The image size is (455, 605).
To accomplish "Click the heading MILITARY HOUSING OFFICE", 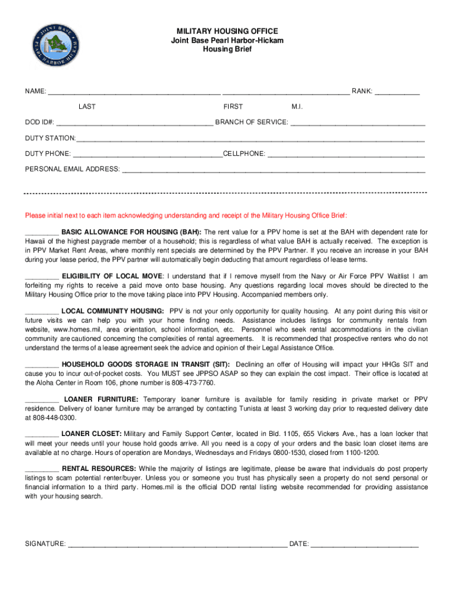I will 227,31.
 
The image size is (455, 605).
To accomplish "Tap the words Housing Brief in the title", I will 227,49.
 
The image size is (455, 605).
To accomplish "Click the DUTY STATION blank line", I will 251,139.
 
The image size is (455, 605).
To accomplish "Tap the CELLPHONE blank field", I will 346,155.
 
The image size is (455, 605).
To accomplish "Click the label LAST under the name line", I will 87,107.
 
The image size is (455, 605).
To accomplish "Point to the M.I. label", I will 297,107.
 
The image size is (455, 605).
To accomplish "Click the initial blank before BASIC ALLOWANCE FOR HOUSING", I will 41,233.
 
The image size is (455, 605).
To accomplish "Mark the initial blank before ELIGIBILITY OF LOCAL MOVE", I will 41,277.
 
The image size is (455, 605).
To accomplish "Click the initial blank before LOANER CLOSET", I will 41,435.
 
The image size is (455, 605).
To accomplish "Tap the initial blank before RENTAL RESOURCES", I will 41,469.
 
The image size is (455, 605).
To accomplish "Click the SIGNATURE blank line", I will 177,545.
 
